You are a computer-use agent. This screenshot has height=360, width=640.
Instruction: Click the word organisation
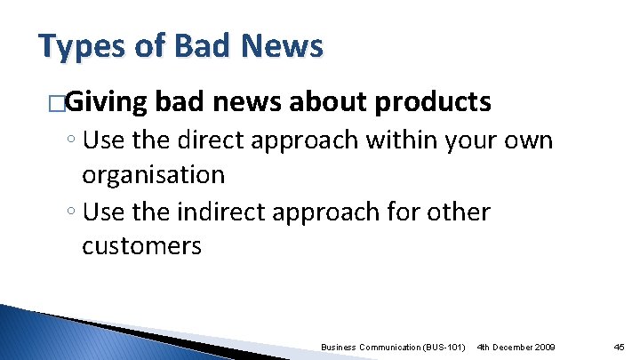[x=153, y=174]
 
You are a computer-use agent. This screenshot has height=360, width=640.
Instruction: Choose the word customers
[x=141, y=245]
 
